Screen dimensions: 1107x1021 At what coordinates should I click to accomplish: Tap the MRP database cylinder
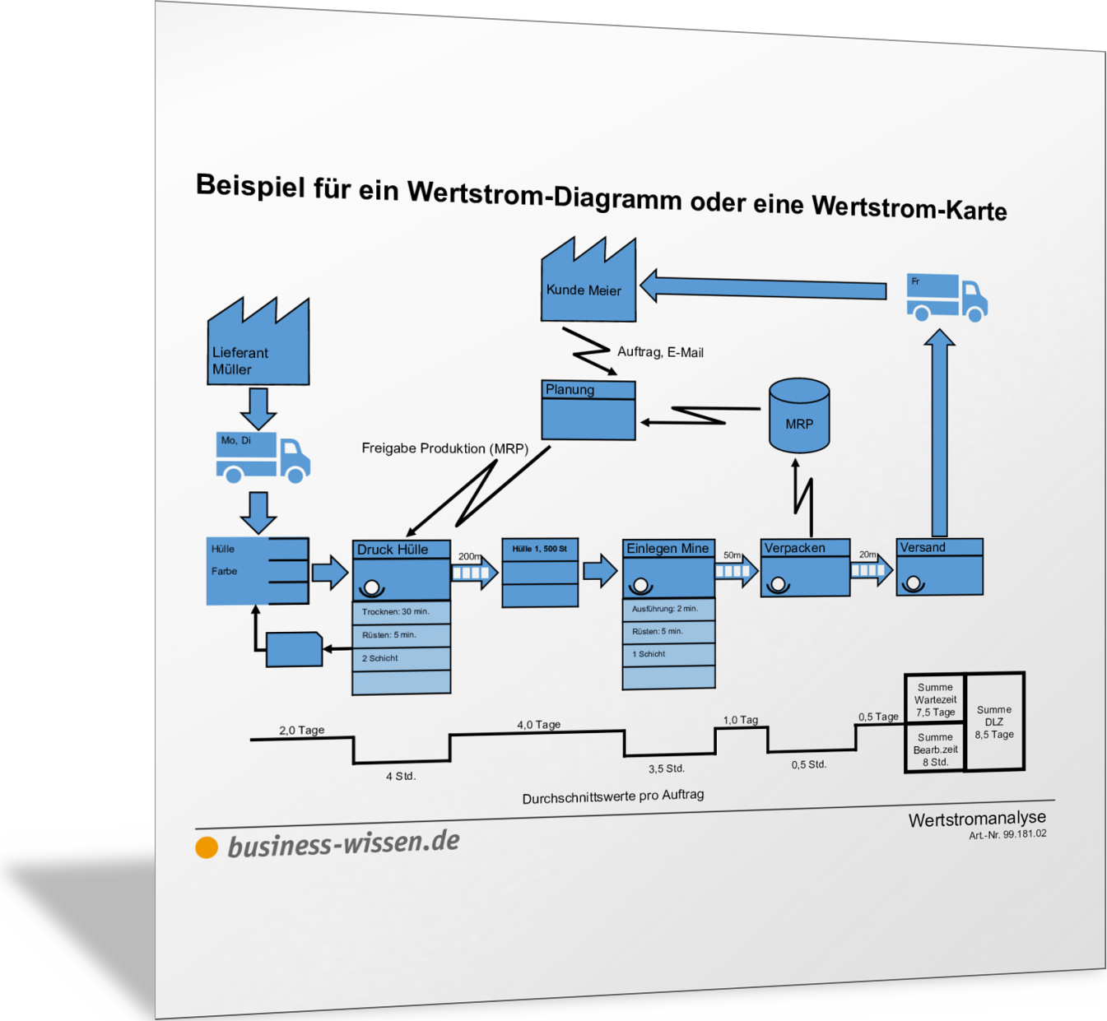[x=798, y=415]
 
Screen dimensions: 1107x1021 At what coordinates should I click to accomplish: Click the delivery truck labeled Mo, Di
[x=263, y=457]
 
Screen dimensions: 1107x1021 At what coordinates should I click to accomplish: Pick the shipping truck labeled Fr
[x=947, y=298]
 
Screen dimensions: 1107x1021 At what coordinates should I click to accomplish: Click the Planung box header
[x=588, y=390]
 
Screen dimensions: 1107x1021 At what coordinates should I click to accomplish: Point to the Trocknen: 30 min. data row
[x=402, y=612]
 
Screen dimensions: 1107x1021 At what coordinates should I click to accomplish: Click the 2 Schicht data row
[x=402, y=658]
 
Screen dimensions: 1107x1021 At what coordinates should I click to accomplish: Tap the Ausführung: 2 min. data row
[x=668, y=609]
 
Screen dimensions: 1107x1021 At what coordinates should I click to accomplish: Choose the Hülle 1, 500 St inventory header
[x=540, y=549]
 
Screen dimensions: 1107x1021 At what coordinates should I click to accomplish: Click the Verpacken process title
[x=805, y=548]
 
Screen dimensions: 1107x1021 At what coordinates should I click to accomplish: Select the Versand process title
[x=939, y=547]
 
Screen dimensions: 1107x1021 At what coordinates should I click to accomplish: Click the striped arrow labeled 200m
[x=474, y=573]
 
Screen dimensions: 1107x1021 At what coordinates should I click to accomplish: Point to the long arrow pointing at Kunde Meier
[x=763, y=286]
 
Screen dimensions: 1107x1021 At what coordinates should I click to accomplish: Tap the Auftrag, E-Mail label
[x=660, y=352]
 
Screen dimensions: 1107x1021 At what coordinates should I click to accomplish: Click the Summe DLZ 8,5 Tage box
[x=994, y=722]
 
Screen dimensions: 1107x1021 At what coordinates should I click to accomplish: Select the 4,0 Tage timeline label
[x=538, y=725]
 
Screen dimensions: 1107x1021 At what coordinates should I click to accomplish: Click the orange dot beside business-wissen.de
[x=207, y=847]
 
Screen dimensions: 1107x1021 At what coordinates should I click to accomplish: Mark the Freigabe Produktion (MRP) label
[x=444, y=448]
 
